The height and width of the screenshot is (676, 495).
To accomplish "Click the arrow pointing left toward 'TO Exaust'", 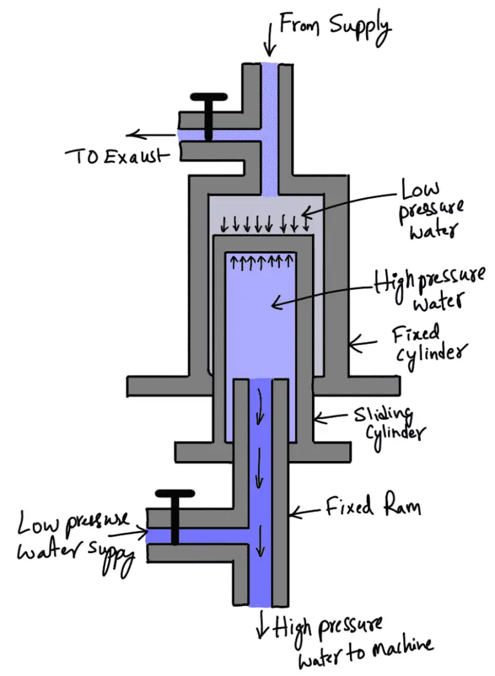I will [x=151, y=135].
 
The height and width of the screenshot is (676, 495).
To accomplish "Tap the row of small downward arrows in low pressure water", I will [x=264, y=225].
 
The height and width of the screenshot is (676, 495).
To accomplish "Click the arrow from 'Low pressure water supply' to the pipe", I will [x=139, y=532].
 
